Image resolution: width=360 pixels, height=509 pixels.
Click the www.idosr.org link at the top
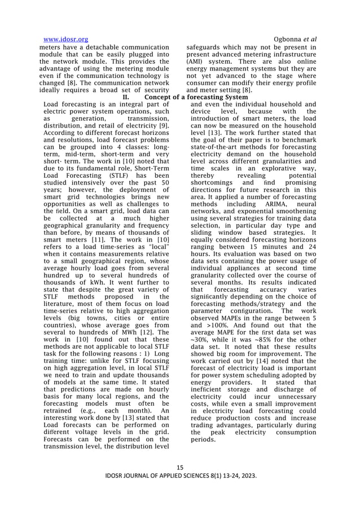65,39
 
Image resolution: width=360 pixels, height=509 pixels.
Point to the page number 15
180,467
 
